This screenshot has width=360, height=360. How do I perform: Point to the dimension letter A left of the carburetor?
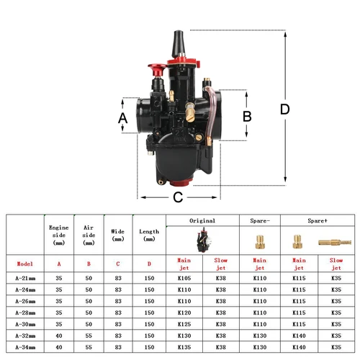coord(122,117)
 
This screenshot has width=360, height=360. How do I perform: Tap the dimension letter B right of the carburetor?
coord(246,115)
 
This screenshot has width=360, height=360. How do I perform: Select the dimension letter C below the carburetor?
coord(177,197)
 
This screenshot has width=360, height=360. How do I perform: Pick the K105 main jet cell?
coord(183,276)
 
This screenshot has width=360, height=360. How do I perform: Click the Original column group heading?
coord(202,220)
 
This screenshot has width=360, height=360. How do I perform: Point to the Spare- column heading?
coord(259,220)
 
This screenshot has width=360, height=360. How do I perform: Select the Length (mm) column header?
coord(149,235)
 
